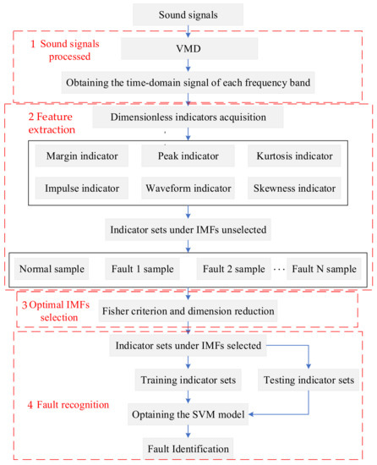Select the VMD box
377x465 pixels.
point(188,51)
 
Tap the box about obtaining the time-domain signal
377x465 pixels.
point(188,83)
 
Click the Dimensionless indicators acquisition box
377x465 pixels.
point(188,118)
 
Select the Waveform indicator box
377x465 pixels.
point(188,189)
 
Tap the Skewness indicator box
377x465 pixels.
point(292,189)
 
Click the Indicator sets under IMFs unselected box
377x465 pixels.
point(188,227)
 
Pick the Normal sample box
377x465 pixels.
point(52,271)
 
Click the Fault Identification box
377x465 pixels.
point(188,445)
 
